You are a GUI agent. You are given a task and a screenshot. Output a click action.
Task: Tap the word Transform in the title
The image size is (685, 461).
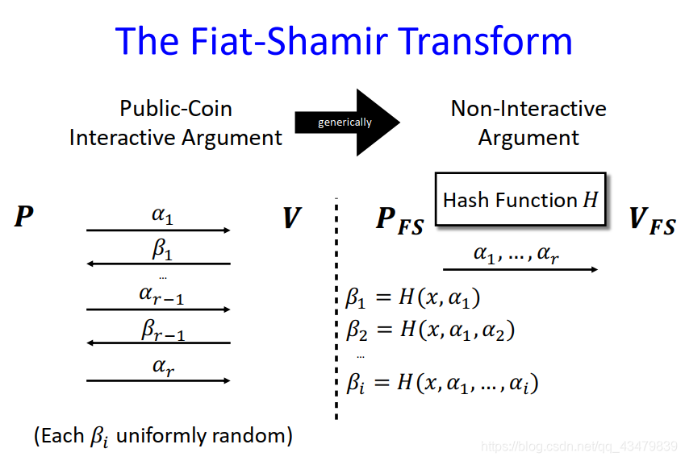(x=491, y=40)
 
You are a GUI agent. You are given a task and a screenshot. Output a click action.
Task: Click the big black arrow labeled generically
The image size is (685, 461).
(x=347, y=123)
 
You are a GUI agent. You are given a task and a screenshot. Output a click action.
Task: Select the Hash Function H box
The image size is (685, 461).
(x=520, y=199)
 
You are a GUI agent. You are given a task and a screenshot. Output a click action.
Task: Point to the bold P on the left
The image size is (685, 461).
(x=24, y=217)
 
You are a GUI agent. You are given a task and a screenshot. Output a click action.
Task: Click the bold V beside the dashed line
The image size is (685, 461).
(x=291, y=218)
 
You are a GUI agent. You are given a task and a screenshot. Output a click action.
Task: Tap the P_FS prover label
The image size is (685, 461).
(x=399, y=221)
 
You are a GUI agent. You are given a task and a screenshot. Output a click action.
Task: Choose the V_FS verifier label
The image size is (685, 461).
(x=651, y=221)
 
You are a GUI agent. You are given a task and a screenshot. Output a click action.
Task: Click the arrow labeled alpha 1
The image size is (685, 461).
(x=158, y=230)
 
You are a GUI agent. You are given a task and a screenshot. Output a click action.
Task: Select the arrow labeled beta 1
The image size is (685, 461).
(x=158, y=264)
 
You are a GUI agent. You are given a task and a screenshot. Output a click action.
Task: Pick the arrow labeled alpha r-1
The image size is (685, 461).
(x=158, y=309)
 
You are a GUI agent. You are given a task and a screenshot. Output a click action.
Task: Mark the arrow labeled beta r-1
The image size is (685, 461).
(x=158, y=343)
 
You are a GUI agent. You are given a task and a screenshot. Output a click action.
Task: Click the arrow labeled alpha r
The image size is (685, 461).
(x=158, y=380)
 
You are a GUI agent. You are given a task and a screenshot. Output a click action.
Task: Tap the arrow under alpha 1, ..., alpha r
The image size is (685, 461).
(x=520, y=269)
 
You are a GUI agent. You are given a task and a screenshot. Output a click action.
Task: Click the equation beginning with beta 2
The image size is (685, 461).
(x=430, y=330)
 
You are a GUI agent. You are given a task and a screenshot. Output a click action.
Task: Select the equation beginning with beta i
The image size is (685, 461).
(x=442, y=382)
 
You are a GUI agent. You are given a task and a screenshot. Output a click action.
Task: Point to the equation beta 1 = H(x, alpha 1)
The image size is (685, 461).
(x=413, y=299)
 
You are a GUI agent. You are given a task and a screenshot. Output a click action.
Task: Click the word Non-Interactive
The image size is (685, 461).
(x=528, y=109)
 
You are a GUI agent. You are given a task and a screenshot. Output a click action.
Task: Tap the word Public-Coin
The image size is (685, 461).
(x=176, y=109)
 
